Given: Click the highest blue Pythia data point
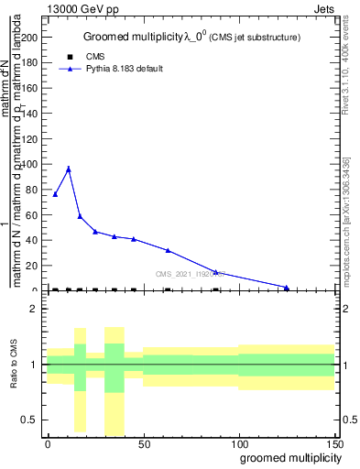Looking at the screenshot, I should point(69,169).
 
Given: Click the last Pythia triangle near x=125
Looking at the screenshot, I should point(287,288).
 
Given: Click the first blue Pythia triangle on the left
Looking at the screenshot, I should point(55,194).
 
